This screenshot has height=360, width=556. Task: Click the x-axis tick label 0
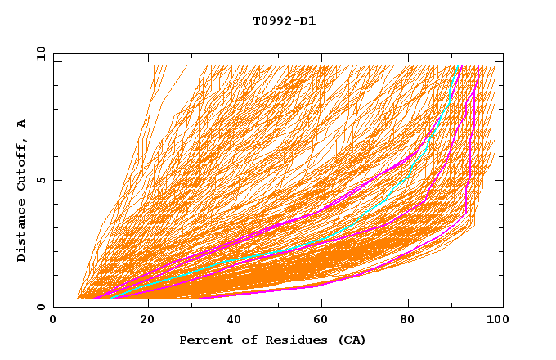[53, 321]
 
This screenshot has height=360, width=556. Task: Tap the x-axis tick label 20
[148, 321]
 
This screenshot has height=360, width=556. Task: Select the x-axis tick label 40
[236, 321]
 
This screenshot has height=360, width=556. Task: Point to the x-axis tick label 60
[325, 321]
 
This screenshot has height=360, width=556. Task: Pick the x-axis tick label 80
[413, 321]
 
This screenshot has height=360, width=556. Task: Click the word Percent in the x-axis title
[202, 340]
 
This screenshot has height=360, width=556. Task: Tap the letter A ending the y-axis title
[22, 124]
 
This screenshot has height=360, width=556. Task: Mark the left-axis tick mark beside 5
[56, 180]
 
